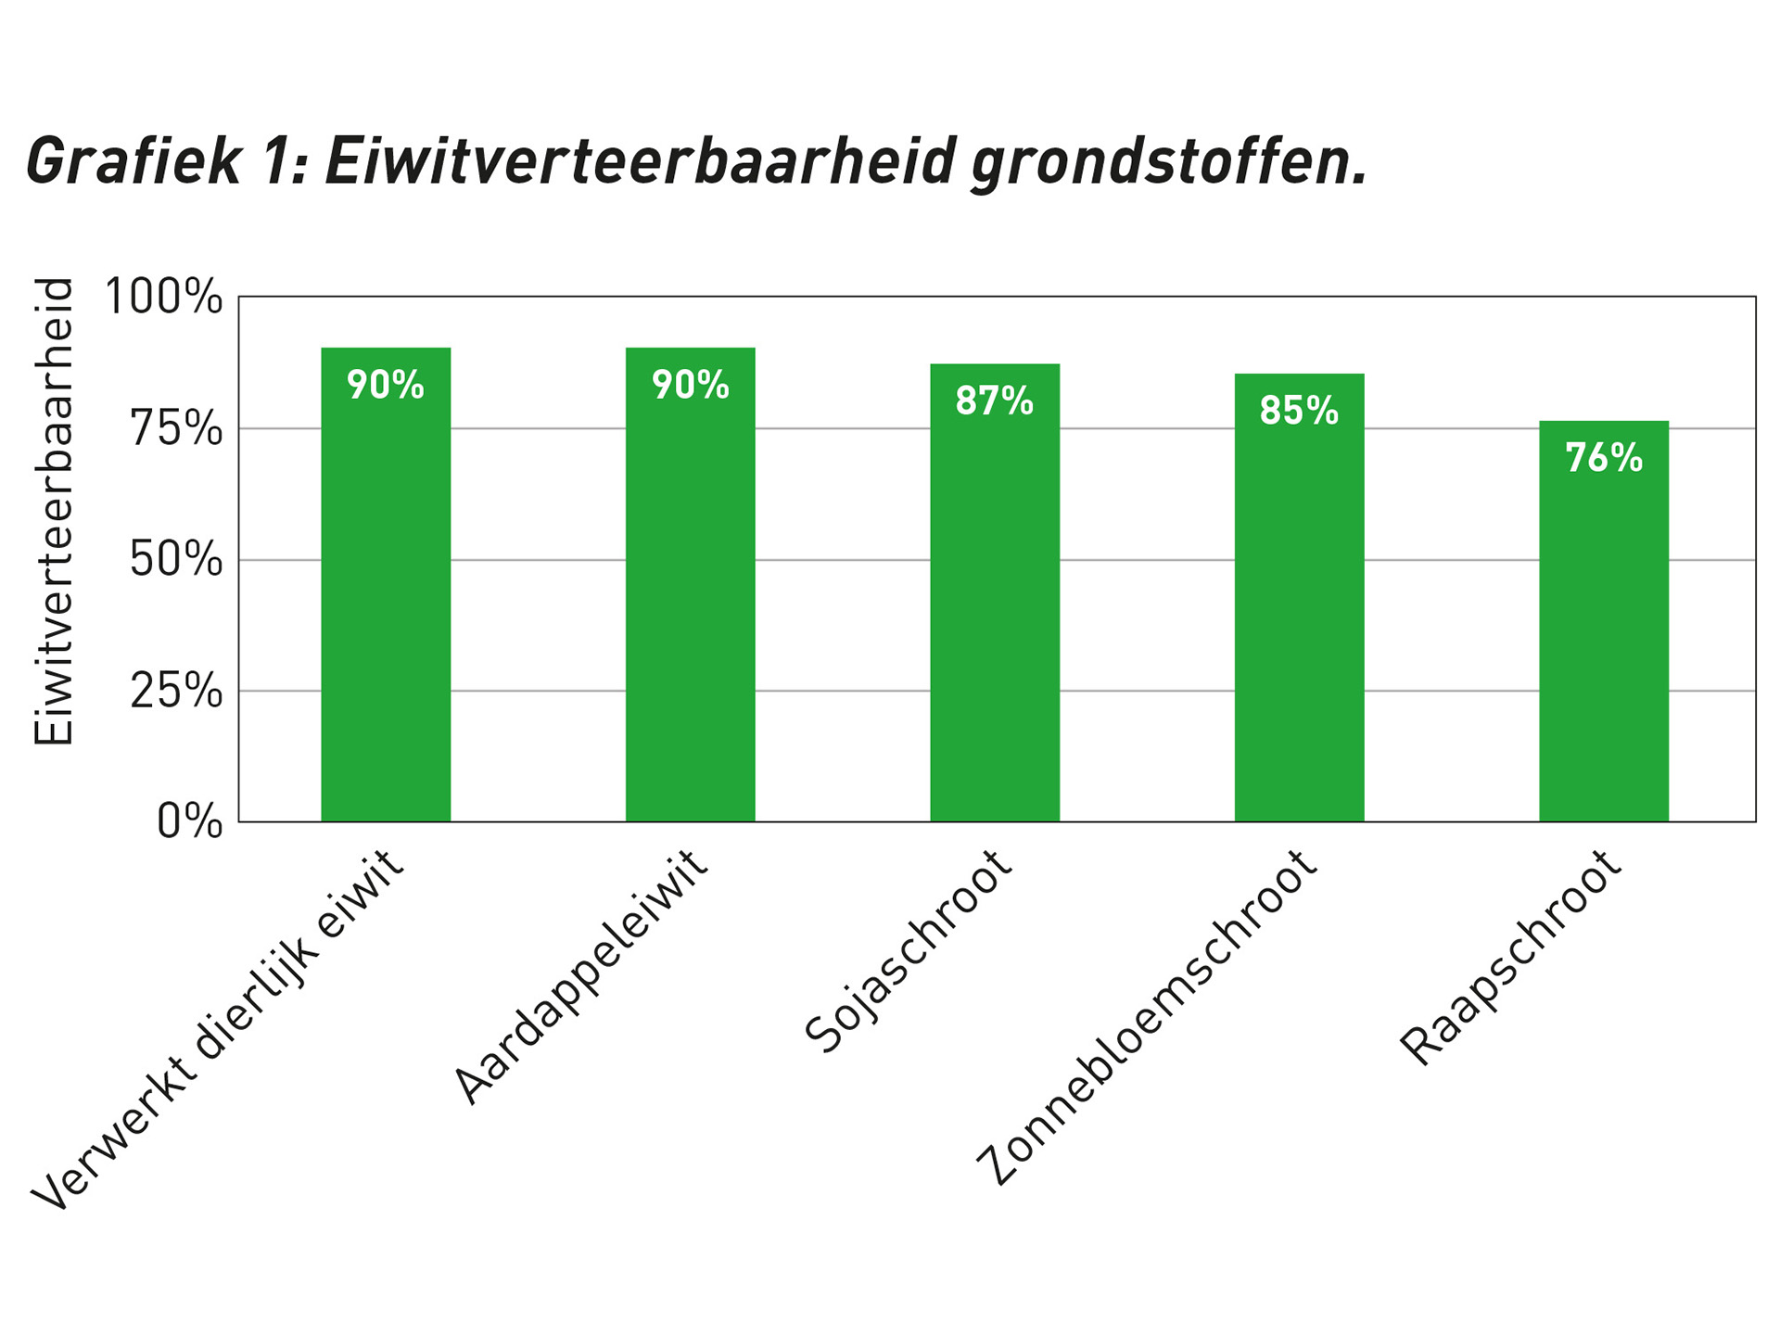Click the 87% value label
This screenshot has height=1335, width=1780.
point(994,401)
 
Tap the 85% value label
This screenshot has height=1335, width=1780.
point(1299,411)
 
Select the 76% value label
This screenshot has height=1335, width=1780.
point(1604,458)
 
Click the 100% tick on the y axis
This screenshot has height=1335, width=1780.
point(164,298)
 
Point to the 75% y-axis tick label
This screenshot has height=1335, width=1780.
point(176,429)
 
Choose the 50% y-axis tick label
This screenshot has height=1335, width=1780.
point(176,560)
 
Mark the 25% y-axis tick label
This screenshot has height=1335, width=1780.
point(176,691)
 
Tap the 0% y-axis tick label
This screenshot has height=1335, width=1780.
point(189,822)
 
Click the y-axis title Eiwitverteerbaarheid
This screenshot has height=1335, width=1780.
point(54,511)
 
